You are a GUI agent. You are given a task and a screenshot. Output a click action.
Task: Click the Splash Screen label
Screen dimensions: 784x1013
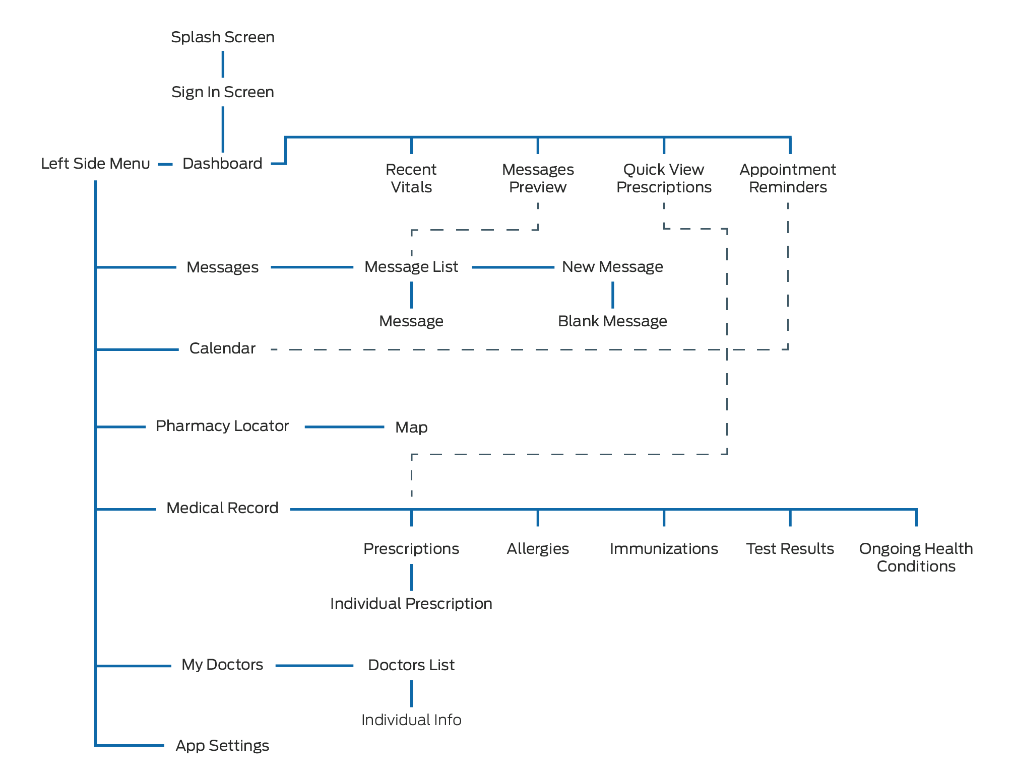222,37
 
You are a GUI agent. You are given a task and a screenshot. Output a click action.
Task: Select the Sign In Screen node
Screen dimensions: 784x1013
222,92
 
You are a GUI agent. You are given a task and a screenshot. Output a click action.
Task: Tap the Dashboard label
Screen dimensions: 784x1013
222,164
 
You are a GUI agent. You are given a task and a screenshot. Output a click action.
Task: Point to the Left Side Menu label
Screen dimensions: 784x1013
95,164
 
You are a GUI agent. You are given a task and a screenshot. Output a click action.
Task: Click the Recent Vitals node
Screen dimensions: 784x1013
411,178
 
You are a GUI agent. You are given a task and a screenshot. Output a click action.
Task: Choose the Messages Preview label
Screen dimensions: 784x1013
538,178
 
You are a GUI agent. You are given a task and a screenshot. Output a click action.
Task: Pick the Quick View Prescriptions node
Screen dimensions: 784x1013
664,178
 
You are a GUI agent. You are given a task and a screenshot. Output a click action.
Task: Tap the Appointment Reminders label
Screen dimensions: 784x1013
788,178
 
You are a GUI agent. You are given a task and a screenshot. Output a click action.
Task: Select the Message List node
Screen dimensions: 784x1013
411,267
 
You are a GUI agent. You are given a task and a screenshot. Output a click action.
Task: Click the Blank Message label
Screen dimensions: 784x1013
612,321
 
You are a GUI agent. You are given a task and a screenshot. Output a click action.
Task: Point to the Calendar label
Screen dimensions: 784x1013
222,348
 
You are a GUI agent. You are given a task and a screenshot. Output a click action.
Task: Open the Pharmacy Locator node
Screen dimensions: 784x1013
222,426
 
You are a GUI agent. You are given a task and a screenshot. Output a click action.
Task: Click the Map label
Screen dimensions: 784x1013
411,427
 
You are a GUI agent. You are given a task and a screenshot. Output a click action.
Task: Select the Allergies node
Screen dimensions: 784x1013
538,549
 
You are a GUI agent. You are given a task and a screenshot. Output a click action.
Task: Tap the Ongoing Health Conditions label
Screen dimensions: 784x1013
916,557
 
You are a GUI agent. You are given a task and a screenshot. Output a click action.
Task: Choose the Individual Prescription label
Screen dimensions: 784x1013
411,604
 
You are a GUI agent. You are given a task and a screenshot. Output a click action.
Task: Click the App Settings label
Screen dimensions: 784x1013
222,746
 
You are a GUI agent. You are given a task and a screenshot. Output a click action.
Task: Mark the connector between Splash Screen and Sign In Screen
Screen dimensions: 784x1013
223,64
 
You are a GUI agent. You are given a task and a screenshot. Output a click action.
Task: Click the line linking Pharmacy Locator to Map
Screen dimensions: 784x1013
344,427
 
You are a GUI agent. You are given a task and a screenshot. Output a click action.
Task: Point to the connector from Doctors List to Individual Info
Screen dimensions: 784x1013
412,693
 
